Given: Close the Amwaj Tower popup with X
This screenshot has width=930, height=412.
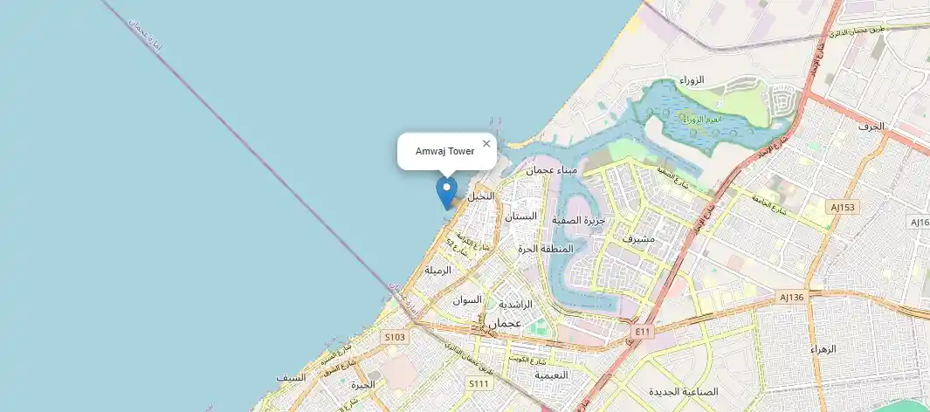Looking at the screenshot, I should pyautogui.click(x=486, y=144).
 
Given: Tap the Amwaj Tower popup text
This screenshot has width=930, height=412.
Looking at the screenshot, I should pyautogui.click(x=444, y=152).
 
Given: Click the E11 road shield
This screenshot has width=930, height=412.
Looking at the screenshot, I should pyautogui.click(x=644, y=331).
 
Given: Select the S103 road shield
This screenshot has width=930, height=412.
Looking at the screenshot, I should pyautogui.click(x=395, y=336).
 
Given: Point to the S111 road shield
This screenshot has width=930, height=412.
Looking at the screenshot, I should pyautogui.click(x=479, y=383).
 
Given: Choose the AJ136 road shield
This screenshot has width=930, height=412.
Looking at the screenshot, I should pyautogui.click(x=791, y=297).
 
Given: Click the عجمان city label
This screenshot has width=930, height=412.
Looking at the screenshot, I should pyautogui.click(x=506, y=323).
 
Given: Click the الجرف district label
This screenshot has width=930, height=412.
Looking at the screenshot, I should pyautogui.click(x=871, y=127).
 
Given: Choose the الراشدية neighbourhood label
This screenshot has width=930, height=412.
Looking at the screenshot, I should pyautogui.click(x=515, y=305).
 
